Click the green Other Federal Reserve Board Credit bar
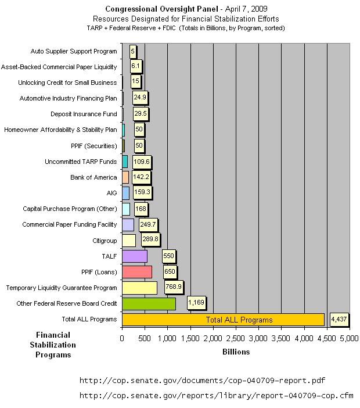pos(149,303)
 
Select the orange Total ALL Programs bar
pos(223,320)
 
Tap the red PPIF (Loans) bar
pos(137,272)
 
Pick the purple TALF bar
pos(135,256)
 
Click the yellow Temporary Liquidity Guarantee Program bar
pos(139,288)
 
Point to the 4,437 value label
pos(340,319)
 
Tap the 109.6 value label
pos(141,161)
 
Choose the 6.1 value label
pos(135,66)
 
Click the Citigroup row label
pos(101,240)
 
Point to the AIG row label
pos(109,192)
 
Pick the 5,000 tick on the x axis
pos(349,338)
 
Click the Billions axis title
pos(236,352)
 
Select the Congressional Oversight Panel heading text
pos(154,9)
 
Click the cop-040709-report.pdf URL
pos(201,380)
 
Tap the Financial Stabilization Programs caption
pos(53,345)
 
